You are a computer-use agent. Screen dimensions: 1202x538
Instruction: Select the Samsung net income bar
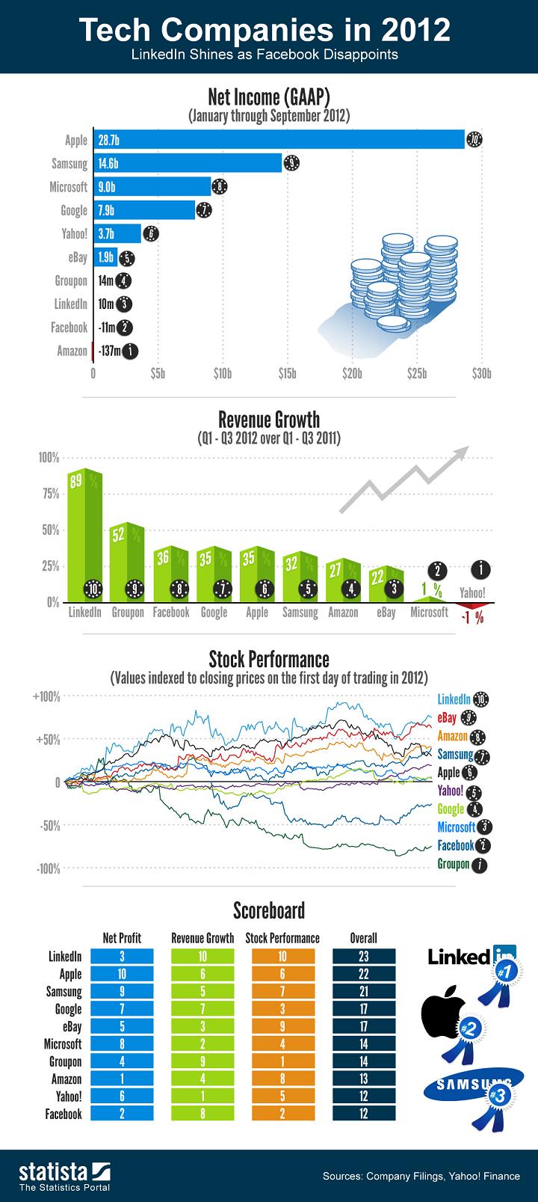pos(187,163)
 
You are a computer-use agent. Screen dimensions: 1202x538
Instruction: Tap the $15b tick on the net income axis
pos(287,372)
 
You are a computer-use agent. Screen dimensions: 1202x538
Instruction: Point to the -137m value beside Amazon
pos(109,350)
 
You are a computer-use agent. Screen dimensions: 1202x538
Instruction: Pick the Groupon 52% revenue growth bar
pos(127,561)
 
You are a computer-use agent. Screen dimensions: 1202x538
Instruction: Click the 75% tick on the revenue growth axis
pos(49,494)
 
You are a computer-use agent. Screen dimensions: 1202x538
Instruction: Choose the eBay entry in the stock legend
pos(447,718)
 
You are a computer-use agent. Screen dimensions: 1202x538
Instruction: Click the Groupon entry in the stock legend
pos(453,864)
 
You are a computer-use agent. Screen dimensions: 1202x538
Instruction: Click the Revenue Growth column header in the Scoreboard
pos(202,938)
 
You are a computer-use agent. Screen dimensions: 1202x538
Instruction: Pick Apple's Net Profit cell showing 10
pos(122,974)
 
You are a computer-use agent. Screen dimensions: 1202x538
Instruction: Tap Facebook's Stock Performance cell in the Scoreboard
pos(283,1114)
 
